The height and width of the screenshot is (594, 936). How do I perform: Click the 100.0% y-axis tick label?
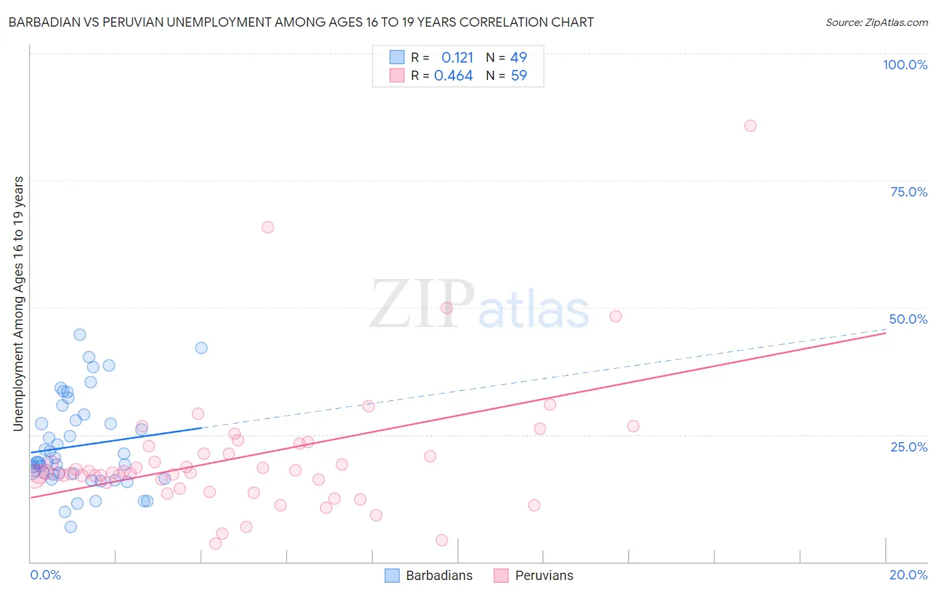pyautogui.click(x=905, y=65)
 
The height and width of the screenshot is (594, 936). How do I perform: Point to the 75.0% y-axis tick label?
pyautogui.click(x=909, y=192)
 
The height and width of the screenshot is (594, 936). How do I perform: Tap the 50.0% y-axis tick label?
pyautogui.click(x=908, y=319)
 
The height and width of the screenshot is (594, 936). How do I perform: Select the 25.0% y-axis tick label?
pyautogui.click(x=909, y=446)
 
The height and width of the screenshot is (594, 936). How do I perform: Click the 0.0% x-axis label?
pyautogui.click(x=45, y=575)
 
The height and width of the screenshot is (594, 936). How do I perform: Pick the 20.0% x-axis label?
pyautogui.click(x=908, y=575)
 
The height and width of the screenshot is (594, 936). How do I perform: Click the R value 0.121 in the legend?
pyautogui.click(x=457, y=57)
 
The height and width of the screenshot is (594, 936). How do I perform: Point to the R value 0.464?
pyautogui.click(x=453, y=76)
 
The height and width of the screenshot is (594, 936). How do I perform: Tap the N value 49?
pyautogui.click(x=519, y=57)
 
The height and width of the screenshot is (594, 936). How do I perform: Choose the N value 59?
pyautogui.click(x=519, y=76)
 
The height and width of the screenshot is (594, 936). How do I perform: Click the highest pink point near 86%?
pyautogui.click(x=750, y=126)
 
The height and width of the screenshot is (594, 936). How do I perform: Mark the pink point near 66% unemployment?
pyautogui.click(x=268, y=227)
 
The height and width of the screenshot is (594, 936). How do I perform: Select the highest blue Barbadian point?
pyautogui.click(x=80, y=334)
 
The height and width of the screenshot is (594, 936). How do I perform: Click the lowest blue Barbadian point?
pyautogui.click(x=71, y=527)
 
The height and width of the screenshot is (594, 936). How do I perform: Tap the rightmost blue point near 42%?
pyautogui.click(x=201, y=348)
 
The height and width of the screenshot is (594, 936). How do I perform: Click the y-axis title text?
pyautogui.click(x=18, y=304)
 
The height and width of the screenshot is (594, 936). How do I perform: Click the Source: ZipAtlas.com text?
pyautogui.click(x=876, y=23)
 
